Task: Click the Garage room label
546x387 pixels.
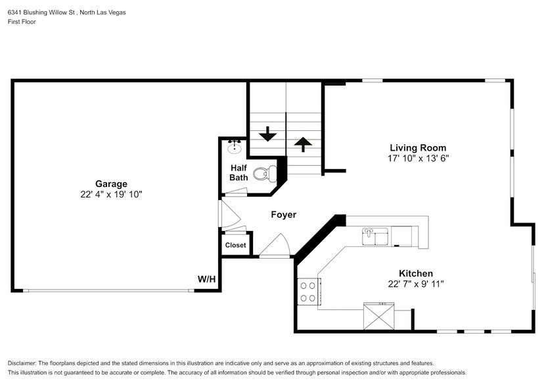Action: pos(110,184)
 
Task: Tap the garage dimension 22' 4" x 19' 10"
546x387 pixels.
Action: pos(110,195)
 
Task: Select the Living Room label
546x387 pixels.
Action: pos(418,148)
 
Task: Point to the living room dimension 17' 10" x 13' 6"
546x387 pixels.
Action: pos(418,159)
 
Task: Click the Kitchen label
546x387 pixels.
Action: pos(415,273)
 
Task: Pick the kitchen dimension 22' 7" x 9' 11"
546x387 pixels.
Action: pos(415,284)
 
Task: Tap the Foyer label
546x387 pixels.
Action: pos(283,215)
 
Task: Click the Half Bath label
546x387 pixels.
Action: pos(239,172)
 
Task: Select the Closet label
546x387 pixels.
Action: pos(235,245)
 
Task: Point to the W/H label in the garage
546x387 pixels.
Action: pos(206,279)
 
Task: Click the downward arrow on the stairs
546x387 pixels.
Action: pos(267,134)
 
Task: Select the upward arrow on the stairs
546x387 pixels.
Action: pos(303,143)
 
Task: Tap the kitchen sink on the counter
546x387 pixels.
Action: pos(376,234)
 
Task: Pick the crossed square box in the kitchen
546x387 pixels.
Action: pos(379,316)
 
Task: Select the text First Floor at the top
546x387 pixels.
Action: pos(22,22)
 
